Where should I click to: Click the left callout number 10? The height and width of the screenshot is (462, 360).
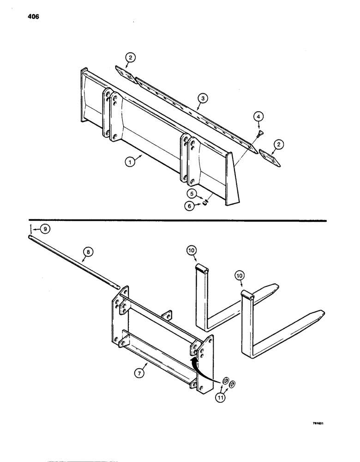pyautogui.click(x=192, y=250)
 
